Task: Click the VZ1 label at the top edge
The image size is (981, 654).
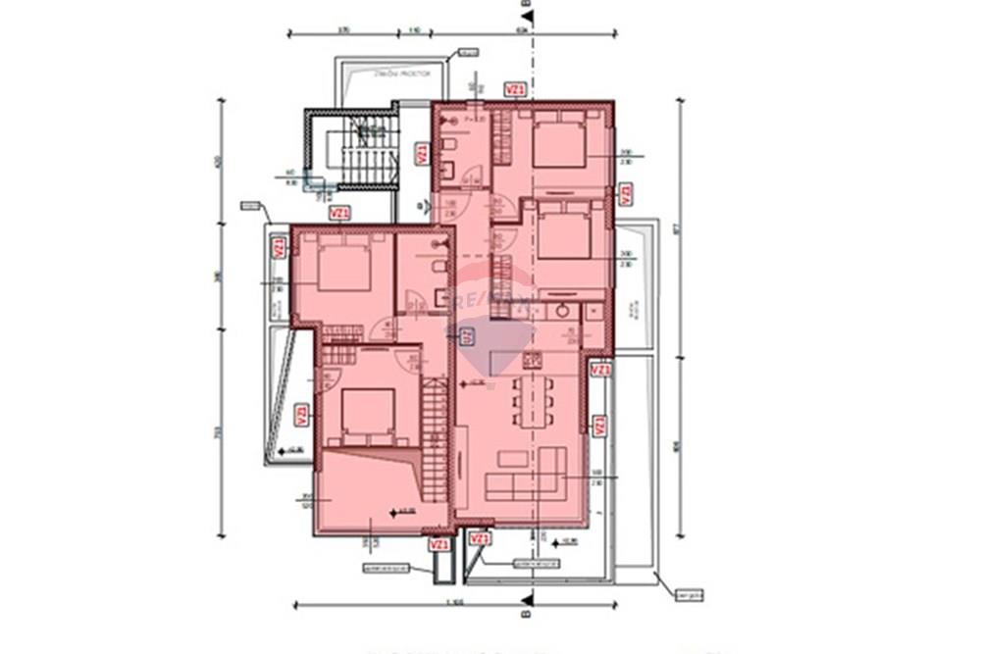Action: (515, 89)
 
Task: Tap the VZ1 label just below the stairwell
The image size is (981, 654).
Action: (338, 212)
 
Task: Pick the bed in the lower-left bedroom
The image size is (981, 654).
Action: (367, 412)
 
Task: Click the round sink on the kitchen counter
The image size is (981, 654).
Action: (562, 311)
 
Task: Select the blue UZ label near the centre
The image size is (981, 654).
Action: (467, 335)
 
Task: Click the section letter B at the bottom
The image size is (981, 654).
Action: (528, 617)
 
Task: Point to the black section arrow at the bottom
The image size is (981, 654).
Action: (528, 597)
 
